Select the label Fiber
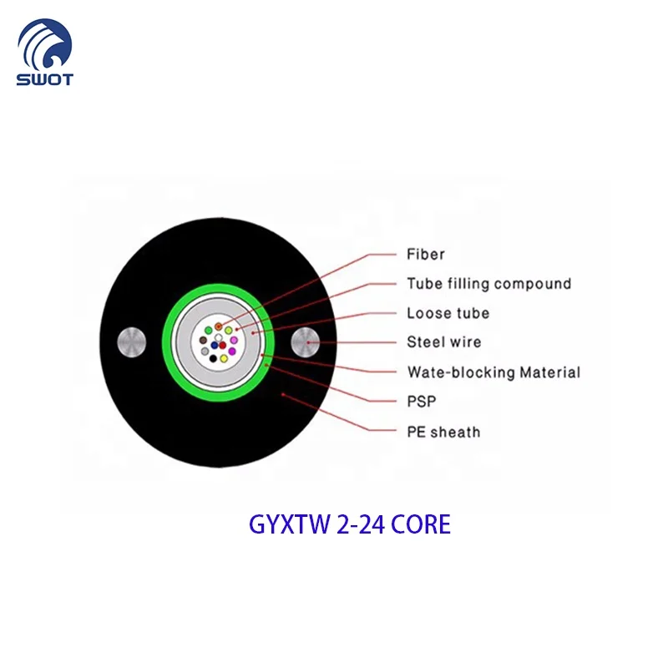pos(426,254)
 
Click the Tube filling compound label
pos(489,284)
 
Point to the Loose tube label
pos(448,313)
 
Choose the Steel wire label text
pos(443,342)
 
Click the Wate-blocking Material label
pos(493,372)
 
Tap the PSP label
pos(422,402)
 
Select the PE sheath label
pos(443,432)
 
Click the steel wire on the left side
pos(133,342)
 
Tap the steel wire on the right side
pos(306,342)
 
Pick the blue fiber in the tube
pos(215,345)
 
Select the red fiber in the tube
pos(222,345)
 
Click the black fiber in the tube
pos(213,358)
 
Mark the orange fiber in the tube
pos(218,326)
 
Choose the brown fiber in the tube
pos(203,340)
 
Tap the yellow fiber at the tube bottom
pos(224,358)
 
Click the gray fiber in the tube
pos(205,352)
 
